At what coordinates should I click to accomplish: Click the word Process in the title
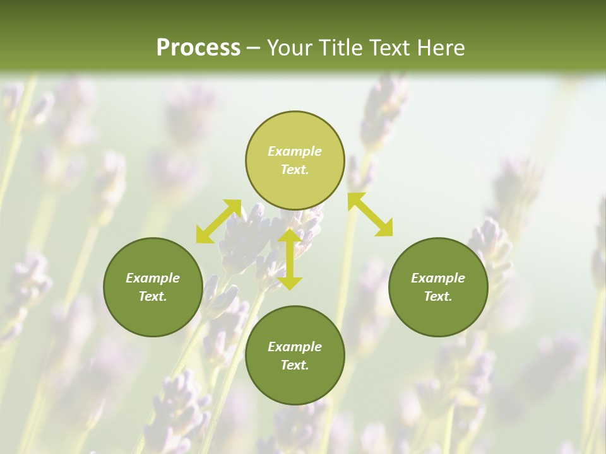[198, 48]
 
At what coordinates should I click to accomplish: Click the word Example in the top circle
[295, 151]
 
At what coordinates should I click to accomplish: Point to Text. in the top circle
[295, 170]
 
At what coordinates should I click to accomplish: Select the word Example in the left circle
[153, 278]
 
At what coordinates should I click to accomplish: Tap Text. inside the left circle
[153, 296]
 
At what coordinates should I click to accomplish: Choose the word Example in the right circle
[438, 278]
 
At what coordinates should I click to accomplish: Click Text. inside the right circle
[438, 296]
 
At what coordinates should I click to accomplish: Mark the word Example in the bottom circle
[295, 347]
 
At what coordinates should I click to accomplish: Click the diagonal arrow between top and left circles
[218, 221]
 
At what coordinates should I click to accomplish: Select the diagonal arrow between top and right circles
[371, 215]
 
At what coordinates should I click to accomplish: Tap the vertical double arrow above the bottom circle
[290, 259]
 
